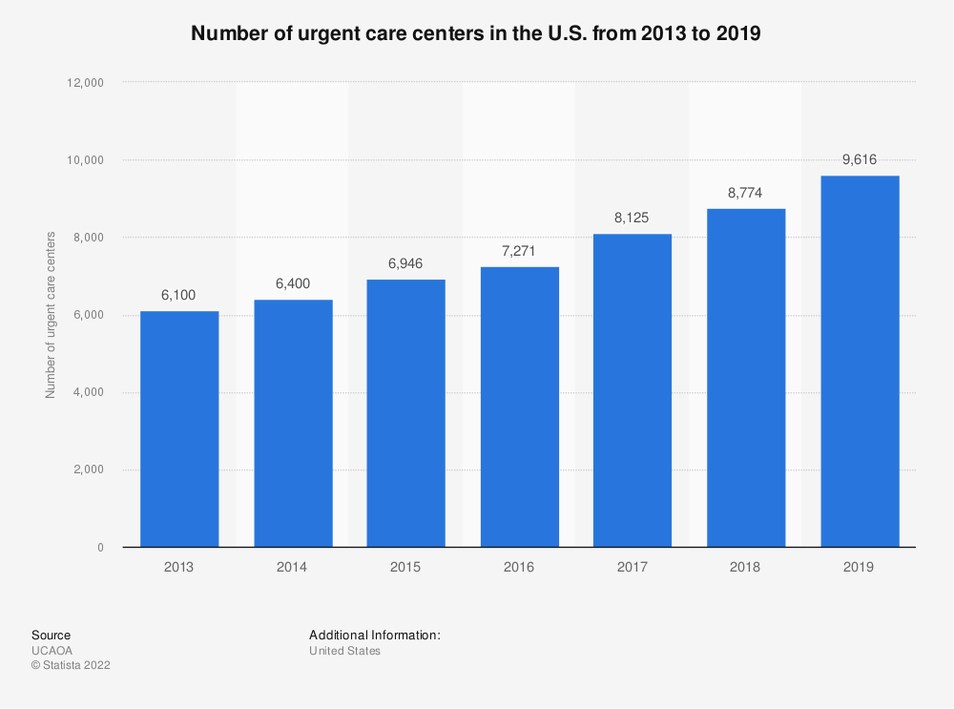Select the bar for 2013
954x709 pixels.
pyautogui.click(x=178, y=429)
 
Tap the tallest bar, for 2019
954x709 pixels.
pyautogui.click(x=859, y=362)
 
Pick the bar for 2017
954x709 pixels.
pyautogui.click(x=632, y=390)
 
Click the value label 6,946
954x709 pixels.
pyautogui.click(x=404, y=262)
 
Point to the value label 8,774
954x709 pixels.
pyautogui.click(x=745, y=192)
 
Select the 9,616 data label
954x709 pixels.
pyautogui.click(x=859, y=159)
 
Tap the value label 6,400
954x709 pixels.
pyautogui.click(x=292, y=283)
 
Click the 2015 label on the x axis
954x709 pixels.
pyautogui.click(x=404, y=567)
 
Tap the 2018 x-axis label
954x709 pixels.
pyautogui.click(x=745, y=567)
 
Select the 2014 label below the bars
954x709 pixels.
pyautogui.click(x=292, y=567)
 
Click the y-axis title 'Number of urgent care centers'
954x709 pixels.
pyautogui.click(x=50, y=315)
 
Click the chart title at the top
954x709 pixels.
pyautogui.click(x=476, y=33)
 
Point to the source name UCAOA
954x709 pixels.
pyautogui.click(x=52, y=651)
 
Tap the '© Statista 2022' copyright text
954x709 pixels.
pyautogui.click(x=71, y=666)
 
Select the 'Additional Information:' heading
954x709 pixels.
pyautogui.click(x=374, y=635)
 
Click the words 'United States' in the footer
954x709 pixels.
pyautogui.click(x=344, y=651)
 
